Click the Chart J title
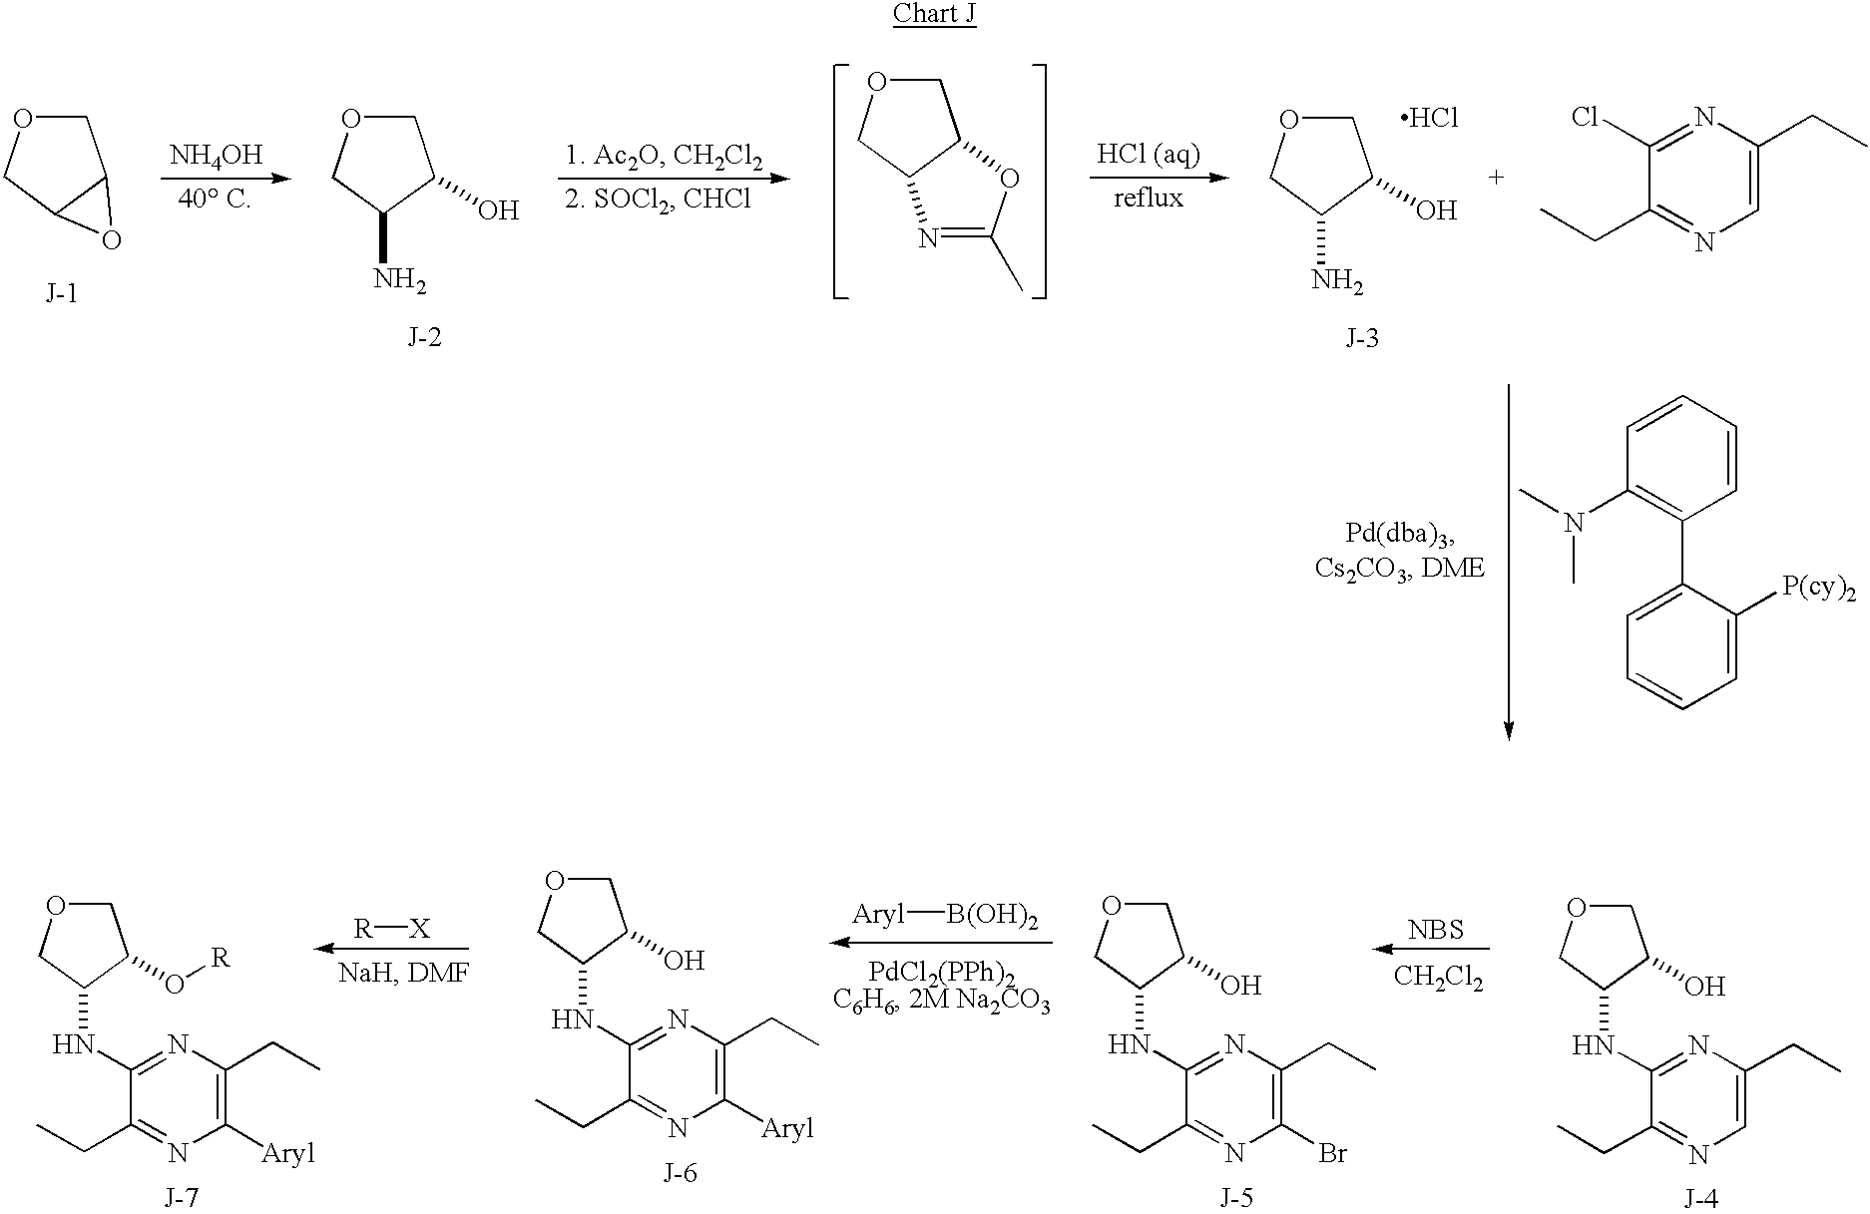[x=934, y=14]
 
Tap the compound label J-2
[x=424, y=338]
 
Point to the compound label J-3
[x=1361, y=338]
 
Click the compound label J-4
[x=1700, y=1198]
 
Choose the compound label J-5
[x=1235, y=1198]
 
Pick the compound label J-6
[x=680, y=1173]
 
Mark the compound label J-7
[x=182, y=1198]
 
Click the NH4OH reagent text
[x=216, y=156]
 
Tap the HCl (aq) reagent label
[x=1149, y=155]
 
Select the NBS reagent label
[x=1436, y=930]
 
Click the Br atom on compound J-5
[x=1332, y=1154]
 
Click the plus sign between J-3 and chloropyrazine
[x=1496, y=178]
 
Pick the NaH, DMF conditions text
[x=404, y=973]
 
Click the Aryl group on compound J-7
[x=289, y=1154]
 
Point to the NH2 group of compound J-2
[x=400, y=280]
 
